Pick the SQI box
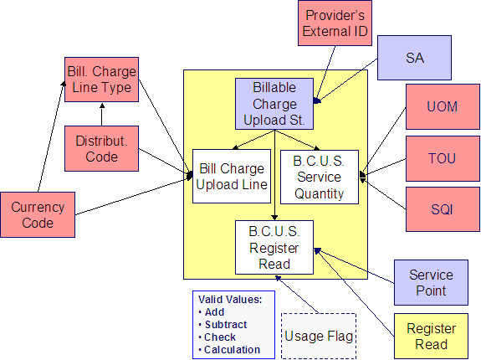442,208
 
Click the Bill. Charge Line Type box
100,79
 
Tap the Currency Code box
38,213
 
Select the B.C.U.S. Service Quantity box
320,177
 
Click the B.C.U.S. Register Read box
274,246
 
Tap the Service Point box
431,282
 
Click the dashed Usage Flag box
320,336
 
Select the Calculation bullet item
234,349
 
